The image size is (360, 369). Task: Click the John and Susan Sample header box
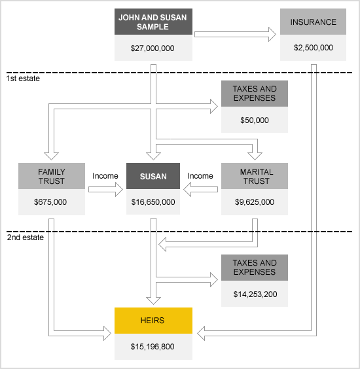click(153, 22)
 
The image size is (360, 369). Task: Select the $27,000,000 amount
click(153, 48)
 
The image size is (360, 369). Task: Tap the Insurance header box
click(313, 22)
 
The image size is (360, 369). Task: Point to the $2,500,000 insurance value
click(314, 48)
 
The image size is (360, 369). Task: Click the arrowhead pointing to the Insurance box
click(272, 35)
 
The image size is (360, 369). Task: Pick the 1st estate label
click(23, 79)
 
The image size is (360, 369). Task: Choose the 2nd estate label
click(25, 237)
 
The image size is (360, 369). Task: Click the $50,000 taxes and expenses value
click(255, 120)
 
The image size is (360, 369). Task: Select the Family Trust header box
click(52, 176)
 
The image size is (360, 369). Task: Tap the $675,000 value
click(50, 202)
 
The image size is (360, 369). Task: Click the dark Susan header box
click(153, 176)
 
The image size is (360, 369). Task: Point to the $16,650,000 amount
click(153, 202)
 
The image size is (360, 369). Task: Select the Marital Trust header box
click(255, 176)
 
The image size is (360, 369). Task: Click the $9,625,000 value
click(255, 202)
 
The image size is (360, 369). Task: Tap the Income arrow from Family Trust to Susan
click(106, 190)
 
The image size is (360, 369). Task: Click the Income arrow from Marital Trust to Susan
click(200, 190)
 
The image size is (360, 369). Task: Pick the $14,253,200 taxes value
click(255, 294)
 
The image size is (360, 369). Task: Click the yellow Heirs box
click(153, 321)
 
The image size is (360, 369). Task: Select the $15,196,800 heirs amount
click(153, 347)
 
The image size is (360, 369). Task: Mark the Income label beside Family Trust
click(105, 176)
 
